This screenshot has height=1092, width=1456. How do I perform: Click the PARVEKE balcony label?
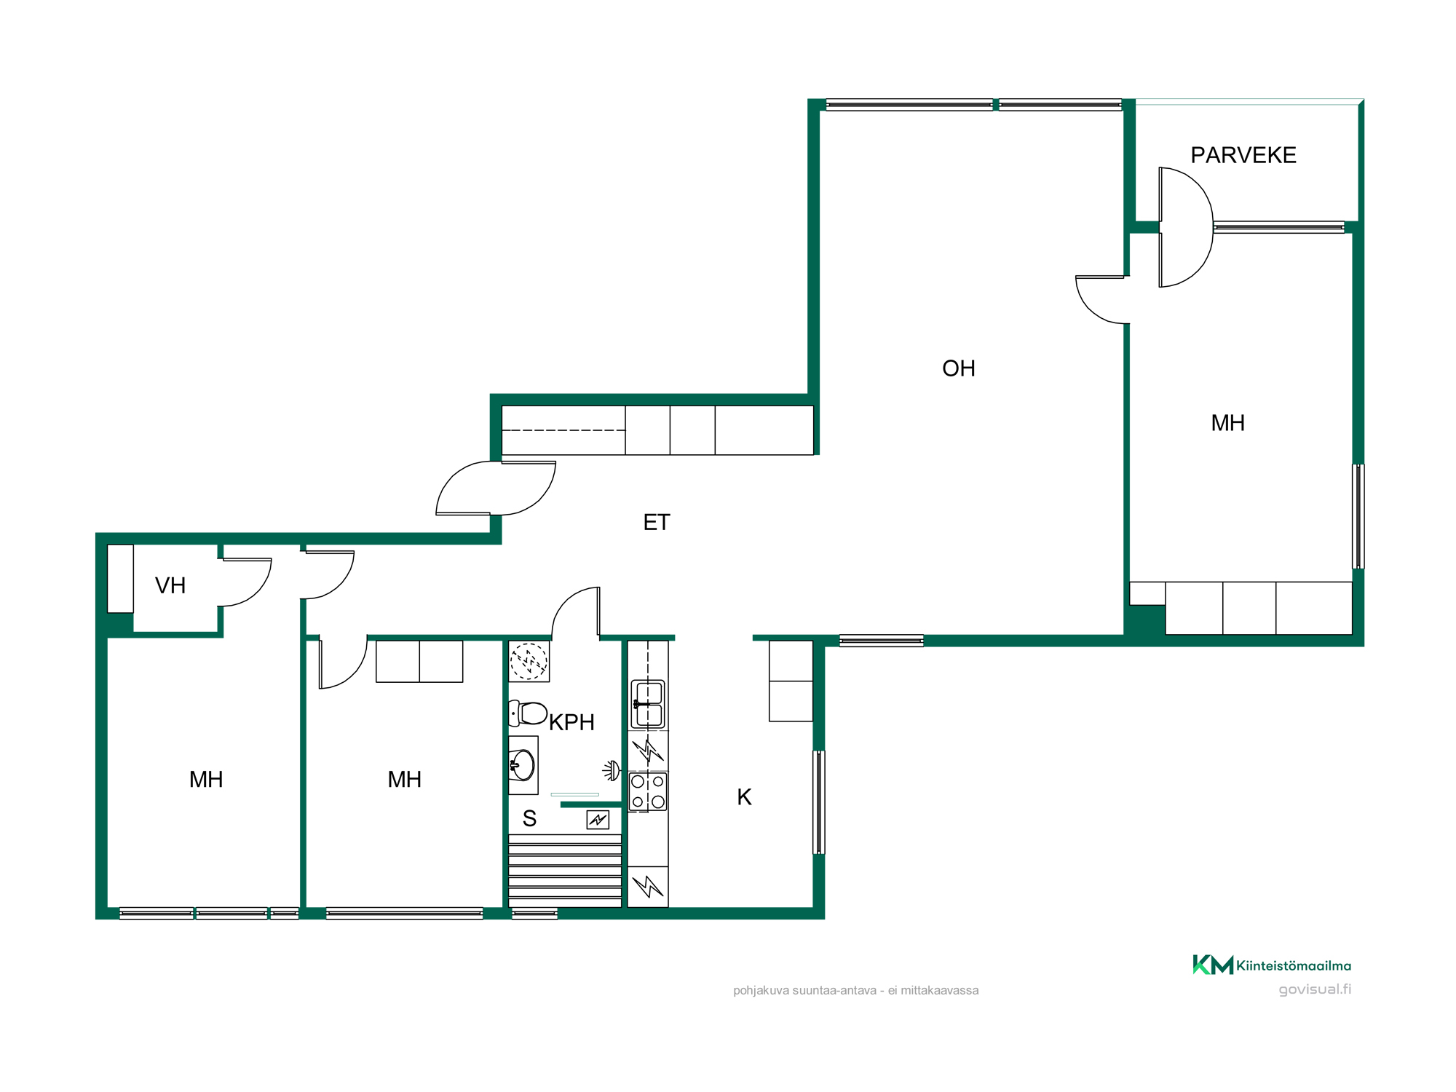(x=1243, y=155)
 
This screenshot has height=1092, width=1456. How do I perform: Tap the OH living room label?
(x=959, y=368)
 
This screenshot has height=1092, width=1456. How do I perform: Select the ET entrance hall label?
(x=657, y=522)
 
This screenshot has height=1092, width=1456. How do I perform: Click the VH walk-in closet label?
(x=170, y=585)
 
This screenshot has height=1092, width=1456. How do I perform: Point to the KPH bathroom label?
(x=571, y=722)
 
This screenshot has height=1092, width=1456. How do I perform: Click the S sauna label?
(x=529, y=819)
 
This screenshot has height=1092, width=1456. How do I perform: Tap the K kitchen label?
(x=744, y=797)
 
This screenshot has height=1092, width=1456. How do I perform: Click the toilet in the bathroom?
(x=528, y=713)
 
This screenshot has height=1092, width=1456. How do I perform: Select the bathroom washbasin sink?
(x=522, y=765)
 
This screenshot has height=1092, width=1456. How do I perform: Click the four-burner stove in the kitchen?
(x=648, y=791)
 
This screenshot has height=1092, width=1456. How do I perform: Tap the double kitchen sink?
(x=648, y=704)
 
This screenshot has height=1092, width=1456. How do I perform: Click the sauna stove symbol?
(x=598, y=820)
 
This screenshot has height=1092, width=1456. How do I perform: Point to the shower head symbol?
(x=612, y=770)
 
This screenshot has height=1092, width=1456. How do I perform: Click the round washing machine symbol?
(x=529, y=661)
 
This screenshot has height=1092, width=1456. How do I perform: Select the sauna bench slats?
(x=565, y=871)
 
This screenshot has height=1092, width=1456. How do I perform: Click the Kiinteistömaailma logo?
(x=1271, y=965)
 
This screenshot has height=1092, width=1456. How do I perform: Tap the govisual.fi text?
(x=1315, y=989)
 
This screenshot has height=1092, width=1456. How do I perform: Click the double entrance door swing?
(x=496, y=488)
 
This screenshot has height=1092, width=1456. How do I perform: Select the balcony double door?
(x=1187, y=227)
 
